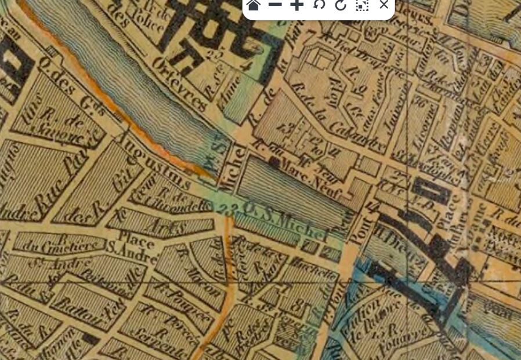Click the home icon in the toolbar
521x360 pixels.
pyautogui.click(x=253, y=5)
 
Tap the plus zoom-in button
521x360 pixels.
pyautogui.click(x=296, y=5)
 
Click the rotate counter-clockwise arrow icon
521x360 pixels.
pyautogui.click(x=319, y=5)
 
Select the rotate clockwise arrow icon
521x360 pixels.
pyautogui.click(x=340, y=5)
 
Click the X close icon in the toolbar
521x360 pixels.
pyautogui.click(x=383, y=5)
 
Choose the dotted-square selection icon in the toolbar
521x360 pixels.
pyautogui.click(x=362, y=5)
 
